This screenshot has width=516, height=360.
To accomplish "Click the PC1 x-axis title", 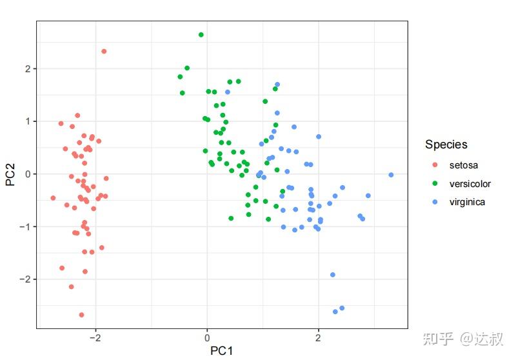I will (221, 351).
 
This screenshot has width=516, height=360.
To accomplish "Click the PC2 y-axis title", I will (10, 174).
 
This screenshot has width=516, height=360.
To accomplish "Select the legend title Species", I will (446, 145).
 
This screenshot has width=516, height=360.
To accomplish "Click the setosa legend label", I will (464, 165).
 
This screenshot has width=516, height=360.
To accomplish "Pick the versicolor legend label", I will (470, 184).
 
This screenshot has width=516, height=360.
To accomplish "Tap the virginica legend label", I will (467, 202).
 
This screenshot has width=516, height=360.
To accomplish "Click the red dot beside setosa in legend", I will (434, 165).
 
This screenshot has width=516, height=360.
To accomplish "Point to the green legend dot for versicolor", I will (434, 184).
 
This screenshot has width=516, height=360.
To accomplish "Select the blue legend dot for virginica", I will (434, 202).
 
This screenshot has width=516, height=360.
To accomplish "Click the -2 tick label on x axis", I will (94, 337).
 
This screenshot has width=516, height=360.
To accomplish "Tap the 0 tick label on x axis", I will (207, 337).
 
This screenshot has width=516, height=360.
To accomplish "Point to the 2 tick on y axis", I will (26, 68).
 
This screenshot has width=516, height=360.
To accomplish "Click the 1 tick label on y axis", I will (26, 121).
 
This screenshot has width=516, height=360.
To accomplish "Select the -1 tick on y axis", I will (25, 226).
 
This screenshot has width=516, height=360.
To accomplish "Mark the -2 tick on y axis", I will (25, 279).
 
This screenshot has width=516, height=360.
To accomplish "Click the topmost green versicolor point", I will (201, 35).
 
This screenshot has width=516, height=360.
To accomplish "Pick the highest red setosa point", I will (104, 52).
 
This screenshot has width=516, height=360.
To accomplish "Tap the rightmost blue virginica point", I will (391, 175).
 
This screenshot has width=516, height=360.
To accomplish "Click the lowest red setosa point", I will (81, 315).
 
